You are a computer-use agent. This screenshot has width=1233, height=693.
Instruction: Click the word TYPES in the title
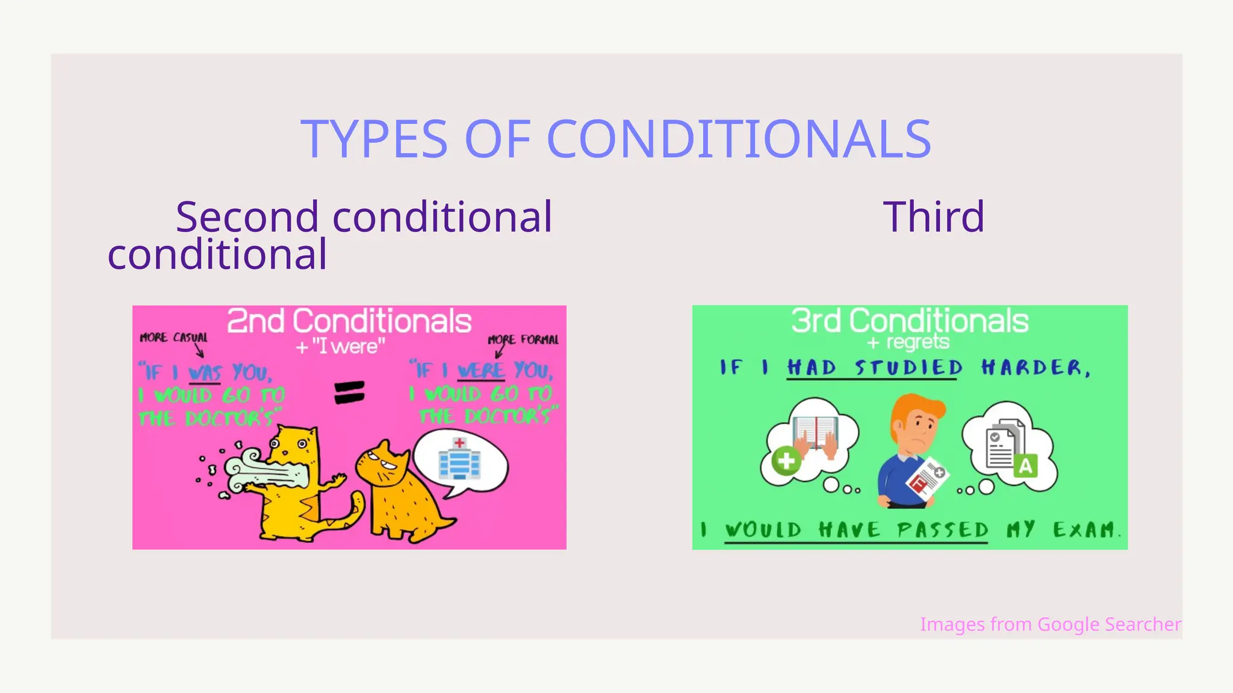[x=374, y=139]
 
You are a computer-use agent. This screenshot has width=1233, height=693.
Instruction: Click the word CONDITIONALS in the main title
[x=739, y=139]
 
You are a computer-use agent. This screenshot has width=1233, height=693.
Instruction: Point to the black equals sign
[x=349, y=393]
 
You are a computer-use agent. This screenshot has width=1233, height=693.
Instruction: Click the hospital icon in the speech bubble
[x=459, y=459]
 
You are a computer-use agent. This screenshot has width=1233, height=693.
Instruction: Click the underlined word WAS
[x=205, y=374]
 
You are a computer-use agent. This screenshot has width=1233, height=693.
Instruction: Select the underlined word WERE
[x=480, y=371]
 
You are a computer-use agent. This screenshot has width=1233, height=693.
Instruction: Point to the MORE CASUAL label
[x=173, y=337]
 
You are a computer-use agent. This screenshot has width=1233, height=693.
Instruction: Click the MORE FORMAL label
[x=523, y=339]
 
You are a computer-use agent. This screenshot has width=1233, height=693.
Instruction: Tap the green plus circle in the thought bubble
[x=786, y=461]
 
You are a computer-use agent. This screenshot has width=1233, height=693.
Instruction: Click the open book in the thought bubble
[x=815, y=432]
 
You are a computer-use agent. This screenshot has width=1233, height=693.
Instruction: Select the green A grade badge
[x=1025, y=466]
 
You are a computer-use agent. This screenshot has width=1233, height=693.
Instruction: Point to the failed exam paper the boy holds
[x=927, y=481]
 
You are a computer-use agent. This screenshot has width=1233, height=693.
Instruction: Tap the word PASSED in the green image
[x=942, y=530]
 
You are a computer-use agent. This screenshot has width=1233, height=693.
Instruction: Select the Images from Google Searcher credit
[x=1051, y=624]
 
